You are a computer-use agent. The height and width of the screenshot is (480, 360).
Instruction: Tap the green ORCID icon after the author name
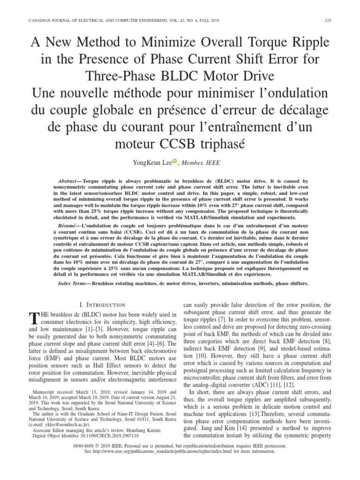click(175, 161)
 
